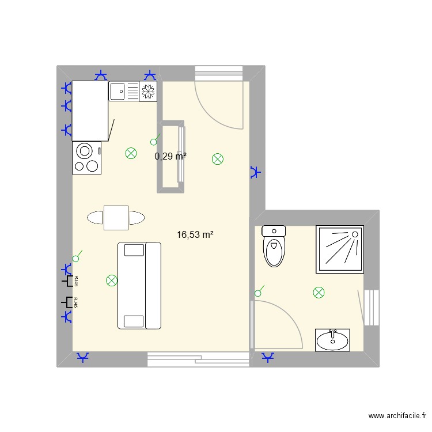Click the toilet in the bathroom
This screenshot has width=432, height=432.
point(274,246)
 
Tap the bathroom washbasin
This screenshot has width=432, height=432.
point(332,340)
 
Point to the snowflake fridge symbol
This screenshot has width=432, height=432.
point(149,91)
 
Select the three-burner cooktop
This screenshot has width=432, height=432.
point(87,158)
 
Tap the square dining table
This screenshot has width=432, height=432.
point(116,218)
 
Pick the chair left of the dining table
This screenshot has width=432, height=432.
point(95,218)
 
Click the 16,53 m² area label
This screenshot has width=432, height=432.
point(195,234)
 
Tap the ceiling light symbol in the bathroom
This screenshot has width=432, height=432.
point(319,293)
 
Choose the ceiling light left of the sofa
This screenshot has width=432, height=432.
point(112,281)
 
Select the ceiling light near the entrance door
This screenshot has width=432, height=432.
point(218,160)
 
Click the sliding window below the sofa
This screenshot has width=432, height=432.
point(199,359)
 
